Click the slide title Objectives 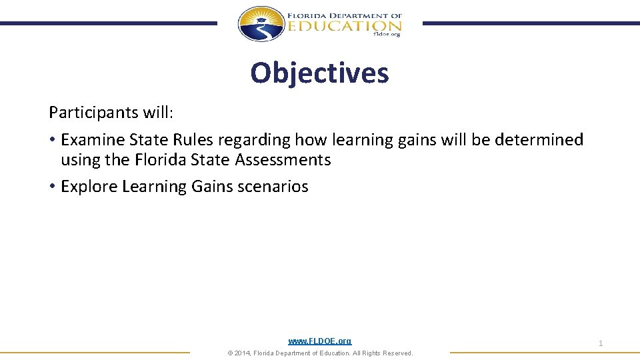tap(319, 73)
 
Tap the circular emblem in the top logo tap(261, 24)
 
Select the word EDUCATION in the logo tap(345, 25)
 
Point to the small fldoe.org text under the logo tap(387, 35)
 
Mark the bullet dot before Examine tap(52, 140)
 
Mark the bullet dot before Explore tap(52, 187)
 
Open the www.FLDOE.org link tap(319, 341)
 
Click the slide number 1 tap(601, 343)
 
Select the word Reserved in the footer tap(396, 353)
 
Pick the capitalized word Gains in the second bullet tap(211, 186)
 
